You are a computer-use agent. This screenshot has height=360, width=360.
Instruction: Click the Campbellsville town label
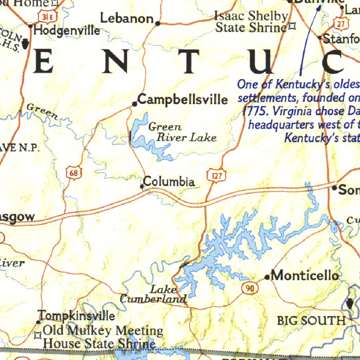coord(182,99)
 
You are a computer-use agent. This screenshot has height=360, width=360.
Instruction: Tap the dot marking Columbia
coord(142,187)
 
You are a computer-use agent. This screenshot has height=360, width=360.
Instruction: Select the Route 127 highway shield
coord(215,176)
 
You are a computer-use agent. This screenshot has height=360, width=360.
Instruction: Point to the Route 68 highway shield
coord(73,173)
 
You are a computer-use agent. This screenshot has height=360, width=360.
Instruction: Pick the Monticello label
coord(305,275)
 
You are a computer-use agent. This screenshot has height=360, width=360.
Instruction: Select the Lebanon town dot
coord(157,24)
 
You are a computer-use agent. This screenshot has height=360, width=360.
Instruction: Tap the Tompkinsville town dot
coord(38,322)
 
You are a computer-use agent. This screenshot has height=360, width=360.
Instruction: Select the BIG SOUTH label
coord(311,321)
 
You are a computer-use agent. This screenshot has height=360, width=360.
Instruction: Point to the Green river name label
coord(42,111)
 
